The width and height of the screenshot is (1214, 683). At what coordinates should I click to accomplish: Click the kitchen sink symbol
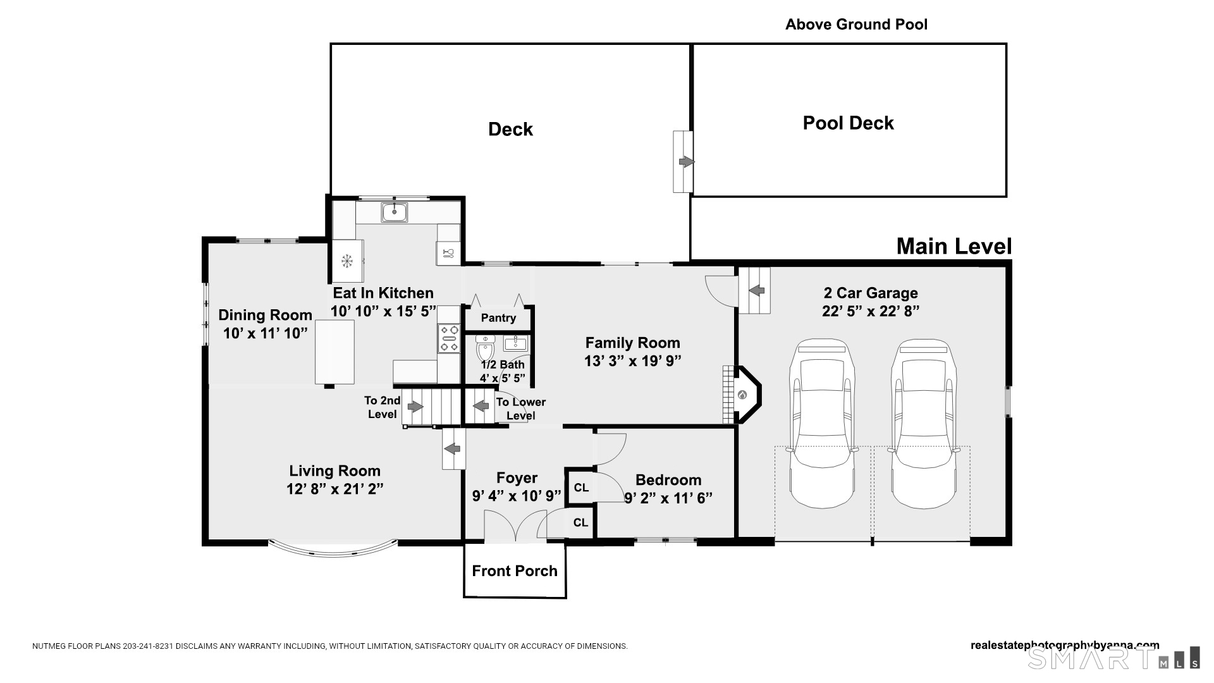394,212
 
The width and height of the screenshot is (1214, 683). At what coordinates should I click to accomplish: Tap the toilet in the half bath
485,347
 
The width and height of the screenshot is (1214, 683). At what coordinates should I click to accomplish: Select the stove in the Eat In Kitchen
449,338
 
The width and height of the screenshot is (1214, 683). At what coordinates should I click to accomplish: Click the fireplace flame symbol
743,396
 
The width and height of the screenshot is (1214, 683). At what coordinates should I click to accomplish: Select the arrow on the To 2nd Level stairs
415,407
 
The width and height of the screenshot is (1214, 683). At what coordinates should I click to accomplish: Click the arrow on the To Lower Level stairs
482,405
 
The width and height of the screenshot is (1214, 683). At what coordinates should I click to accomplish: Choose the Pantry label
498,317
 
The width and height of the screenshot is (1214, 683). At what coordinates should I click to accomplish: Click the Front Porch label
515,571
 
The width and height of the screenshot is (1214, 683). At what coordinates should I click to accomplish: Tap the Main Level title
954,246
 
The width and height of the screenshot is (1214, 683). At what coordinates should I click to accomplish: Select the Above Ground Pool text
856,25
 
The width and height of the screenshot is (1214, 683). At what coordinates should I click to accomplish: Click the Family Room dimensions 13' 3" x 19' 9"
632,361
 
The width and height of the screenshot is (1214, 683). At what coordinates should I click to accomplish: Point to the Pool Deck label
848,123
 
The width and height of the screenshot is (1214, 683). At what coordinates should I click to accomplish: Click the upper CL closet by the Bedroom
581,488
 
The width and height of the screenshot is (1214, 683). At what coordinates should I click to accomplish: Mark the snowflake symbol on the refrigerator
346,261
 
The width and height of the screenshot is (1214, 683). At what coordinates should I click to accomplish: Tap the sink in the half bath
516,343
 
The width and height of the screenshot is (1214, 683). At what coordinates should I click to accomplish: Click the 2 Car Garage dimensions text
871,311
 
